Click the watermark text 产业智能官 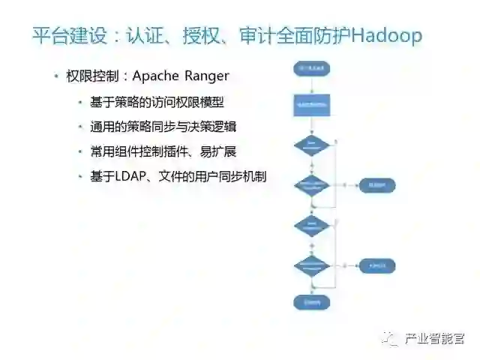pyautogui.click(x=434, y=338)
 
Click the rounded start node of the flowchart pyautogui.click(x=312, y=68)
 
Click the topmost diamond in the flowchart pyautogui.click(x=312, y=144)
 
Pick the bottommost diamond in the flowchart pyautogui.click(x=312, y=265)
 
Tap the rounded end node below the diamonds pyautogui.click(x=312, y=301)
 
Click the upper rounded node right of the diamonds pyautogui.click(x=377, y=185)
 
